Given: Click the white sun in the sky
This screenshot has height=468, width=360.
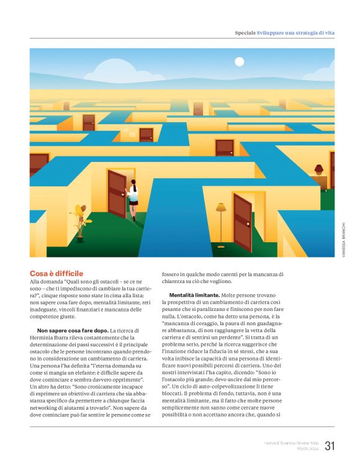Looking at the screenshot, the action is click(240, 61).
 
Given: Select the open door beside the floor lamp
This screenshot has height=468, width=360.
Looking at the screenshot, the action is click(242, 221).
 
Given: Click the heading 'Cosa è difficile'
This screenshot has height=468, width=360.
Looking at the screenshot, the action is click(56, 273).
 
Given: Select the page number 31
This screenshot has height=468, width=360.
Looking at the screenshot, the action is click(330, 446).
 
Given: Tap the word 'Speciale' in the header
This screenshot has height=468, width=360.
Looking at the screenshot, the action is click(245, 32).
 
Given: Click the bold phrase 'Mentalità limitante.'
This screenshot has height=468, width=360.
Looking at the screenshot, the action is click(194, 295).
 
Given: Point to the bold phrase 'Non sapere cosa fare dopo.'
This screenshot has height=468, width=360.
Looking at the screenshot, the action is click(73, 330).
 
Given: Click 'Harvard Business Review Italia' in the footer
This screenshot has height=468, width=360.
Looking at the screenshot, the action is click(290, 443).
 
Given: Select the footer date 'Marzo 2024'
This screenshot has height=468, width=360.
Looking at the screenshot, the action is click(307, 449).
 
